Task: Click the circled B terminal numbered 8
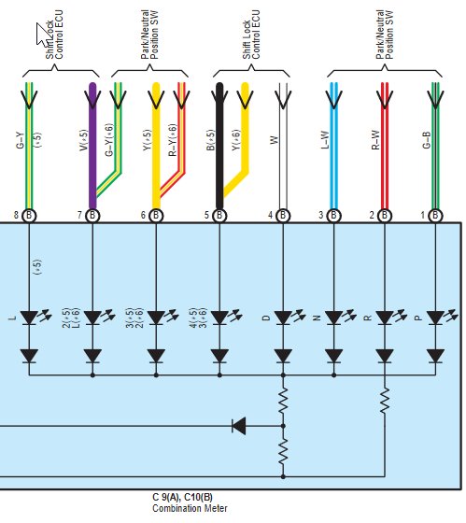pyautogui.click(x=29, y=216)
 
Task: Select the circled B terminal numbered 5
pyautogui.click(x=219, y=216)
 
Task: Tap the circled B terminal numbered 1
pyautogui.click(x=435, y=216)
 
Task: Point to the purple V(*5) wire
pyautogui.click(x=92, y=146)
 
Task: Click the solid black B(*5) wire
pyautogui.click(x=219, y=146)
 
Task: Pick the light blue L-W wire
pyautogui.click(x=333, y=146)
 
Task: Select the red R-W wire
pyautogui.click(x=385, y=146)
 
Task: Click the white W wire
pyautogui.click(x=283, y=146)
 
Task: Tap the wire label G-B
pyautogui.click(x=426, y=140)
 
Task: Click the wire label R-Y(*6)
pyautogui.click(x=172, y=140)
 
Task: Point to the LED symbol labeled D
pyautogui.click(x=289, y=318)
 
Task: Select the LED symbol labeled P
pyautogui.click(x=441, y=318)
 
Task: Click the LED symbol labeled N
pyautogui.click(x=340, y=318)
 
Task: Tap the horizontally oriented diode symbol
pyautogui.click(x=239, y=426)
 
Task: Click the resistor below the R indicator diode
pyautogui.click(x=385, y=401)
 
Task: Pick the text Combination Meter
pyautogui.click(x=190, y=508)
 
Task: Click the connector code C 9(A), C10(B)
pyautogui.click(x=182, y=497)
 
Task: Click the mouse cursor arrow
pyautogui.click(x=43, y=34)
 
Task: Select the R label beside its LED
pyautogui.click(x=368, y=318)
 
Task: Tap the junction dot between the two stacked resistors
pyautogui.click(x=283, y=426)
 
